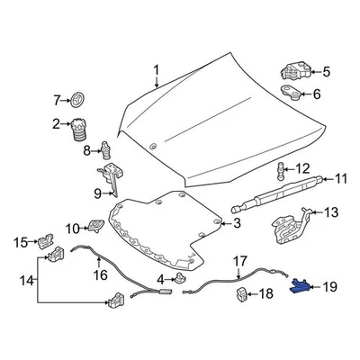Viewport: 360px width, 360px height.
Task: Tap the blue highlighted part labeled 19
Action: coord(300,286)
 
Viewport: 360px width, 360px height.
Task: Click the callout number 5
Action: coord(325,71)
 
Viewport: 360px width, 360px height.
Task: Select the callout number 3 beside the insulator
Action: coord(237,222)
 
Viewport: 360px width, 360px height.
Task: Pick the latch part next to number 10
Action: coord(96,225)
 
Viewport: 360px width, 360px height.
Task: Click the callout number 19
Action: coord(328,287)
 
